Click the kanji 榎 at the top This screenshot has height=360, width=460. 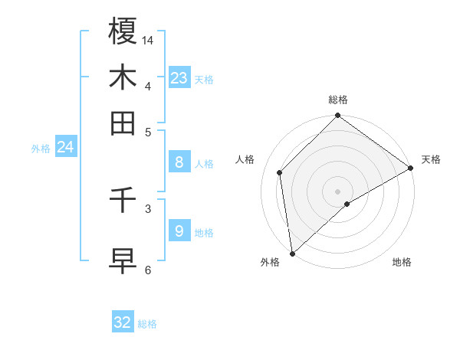pos(123,31)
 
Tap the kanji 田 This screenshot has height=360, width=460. pos(123,123)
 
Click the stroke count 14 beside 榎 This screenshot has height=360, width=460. pos(148,39)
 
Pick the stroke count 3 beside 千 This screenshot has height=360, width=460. pos(148,208)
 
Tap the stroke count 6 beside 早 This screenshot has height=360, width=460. pos(148,269)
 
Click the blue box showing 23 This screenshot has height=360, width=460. pos(179,77)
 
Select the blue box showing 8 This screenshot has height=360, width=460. pos(179,162)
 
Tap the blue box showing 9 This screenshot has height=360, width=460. pos(179,231)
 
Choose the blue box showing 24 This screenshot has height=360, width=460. pos(65,147)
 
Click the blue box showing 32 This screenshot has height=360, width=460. pos(123,322)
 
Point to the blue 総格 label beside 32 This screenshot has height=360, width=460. pos(147,324)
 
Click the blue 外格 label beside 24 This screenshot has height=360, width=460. pos(41,149)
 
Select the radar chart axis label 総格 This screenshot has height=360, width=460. pos(338,100)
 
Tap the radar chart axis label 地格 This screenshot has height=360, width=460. pos(402,262)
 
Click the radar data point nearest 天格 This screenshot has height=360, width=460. pos(411,169)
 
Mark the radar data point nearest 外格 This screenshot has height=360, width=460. pos(292,254)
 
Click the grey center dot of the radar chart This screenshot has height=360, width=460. pos(338,191)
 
